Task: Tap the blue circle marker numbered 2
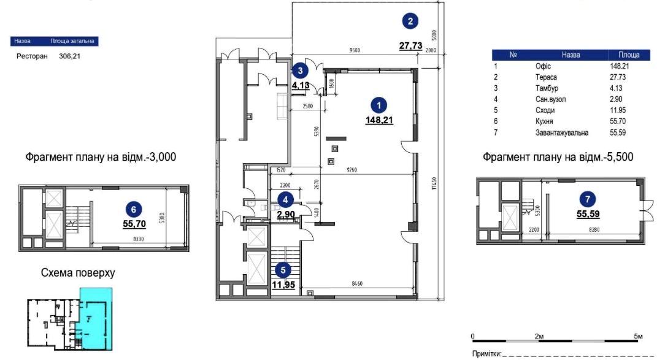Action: click(410, 21)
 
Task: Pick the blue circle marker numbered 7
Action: click(588, 199)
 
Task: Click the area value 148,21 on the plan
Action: click(379, 120)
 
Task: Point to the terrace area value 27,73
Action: click(410, 45)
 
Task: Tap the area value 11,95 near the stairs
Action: click(283, 284)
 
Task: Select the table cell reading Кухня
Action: click(545, 121)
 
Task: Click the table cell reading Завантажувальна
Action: click(561, 132)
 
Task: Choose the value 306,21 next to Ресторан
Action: click(71, 56)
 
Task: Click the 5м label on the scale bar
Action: click(638, 337)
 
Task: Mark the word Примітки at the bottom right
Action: click(485, 354)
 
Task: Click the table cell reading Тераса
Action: click(545, 77)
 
